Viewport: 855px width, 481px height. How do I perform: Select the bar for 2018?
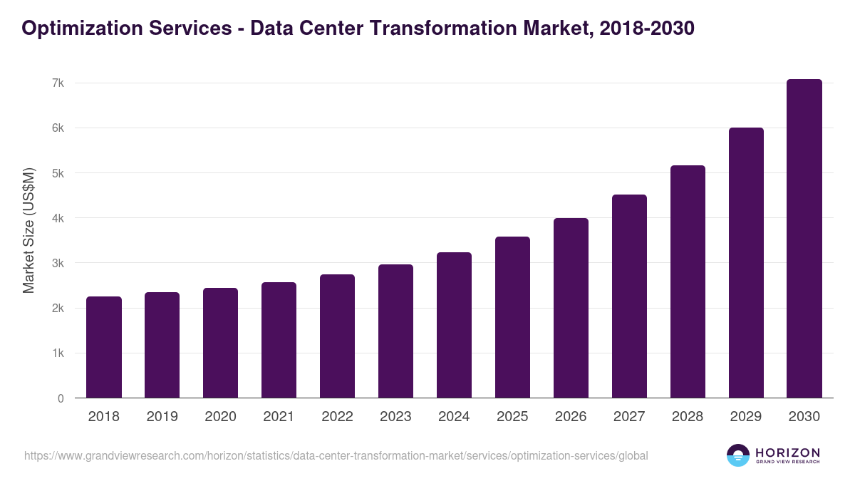(104, 347)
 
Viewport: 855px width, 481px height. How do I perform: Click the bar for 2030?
(804, 239)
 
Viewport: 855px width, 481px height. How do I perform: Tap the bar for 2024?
(454, 325)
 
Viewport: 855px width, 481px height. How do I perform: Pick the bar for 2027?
(629, 296)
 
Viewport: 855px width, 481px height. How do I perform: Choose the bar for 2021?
(279, 340)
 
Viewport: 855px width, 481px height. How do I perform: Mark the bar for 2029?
(745, 263)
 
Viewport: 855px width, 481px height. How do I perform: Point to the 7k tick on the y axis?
(58, 83)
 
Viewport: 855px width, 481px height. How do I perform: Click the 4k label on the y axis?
(58, 219)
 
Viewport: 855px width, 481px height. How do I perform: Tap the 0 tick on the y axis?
(61, 399)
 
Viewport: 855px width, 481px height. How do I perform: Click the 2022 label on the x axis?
(337, 417)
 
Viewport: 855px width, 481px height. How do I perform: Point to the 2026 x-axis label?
(571, 417)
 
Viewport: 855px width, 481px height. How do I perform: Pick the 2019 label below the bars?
(162, 417)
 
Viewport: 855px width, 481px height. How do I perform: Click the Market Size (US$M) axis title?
(29, 231)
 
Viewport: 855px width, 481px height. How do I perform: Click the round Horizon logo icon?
(738, 455)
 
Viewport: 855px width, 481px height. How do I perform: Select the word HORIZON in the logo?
(787, 452)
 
